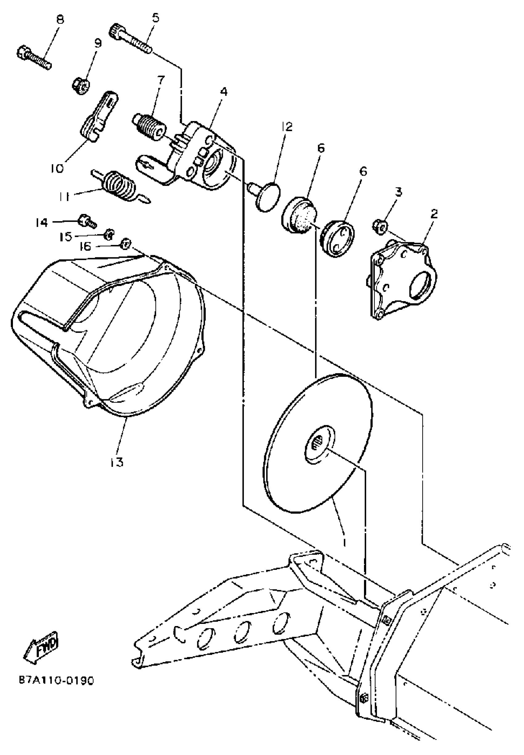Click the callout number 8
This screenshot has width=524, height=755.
(60, 20)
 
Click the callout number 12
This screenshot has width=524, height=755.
(287, 127)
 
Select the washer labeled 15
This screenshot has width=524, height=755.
(109, 234)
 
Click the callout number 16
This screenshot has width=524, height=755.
(85, 246)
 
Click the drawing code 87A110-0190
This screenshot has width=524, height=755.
(56, 680)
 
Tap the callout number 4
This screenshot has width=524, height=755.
(223, 92)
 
